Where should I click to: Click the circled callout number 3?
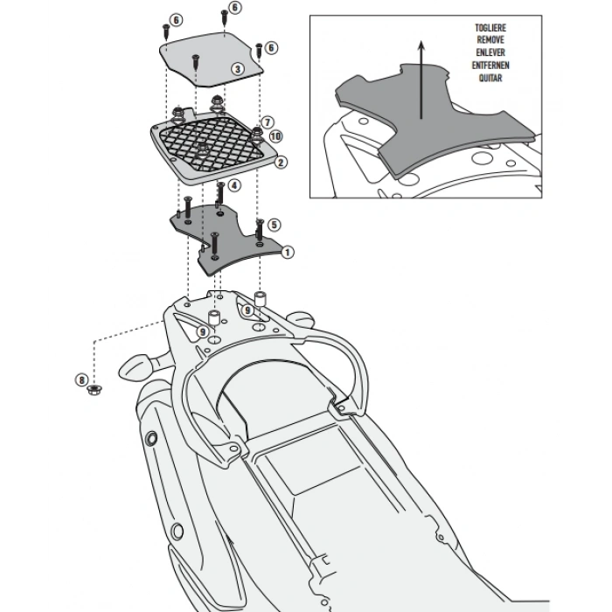point(237,68)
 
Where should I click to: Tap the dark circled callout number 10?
point(276,136)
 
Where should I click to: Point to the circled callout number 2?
point(281,162)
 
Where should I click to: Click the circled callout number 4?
point(234,184)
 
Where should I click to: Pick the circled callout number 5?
point(275,225)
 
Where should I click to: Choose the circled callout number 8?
point(81,379)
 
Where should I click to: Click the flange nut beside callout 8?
point(95,389)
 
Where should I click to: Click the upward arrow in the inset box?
point(421,79)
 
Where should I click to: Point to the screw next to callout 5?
point(260,226)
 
